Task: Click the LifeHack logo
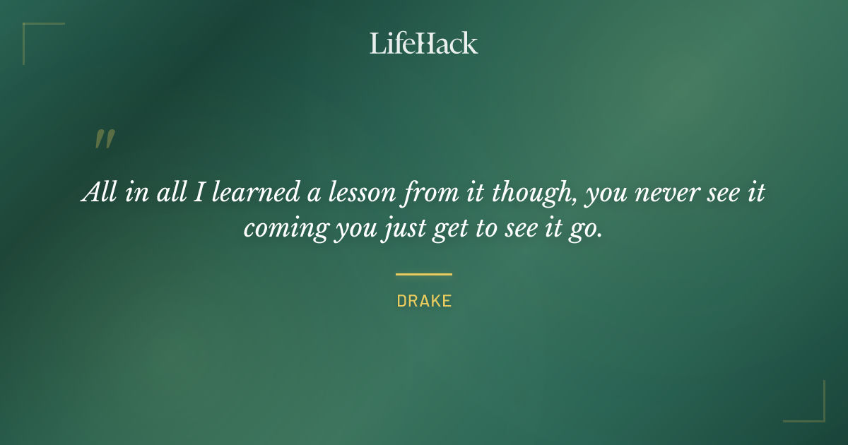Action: coord(423,43)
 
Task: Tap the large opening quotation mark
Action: coord(104,139)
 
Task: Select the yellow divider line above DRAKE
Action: coord(423,274)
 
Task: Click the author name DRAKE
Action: coord(423,301)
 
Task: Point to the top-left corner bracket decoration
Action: coord(35,35)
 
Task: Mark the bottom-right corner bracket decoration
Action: coord(812,409)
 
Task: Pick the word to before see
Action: coord(485,230)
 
